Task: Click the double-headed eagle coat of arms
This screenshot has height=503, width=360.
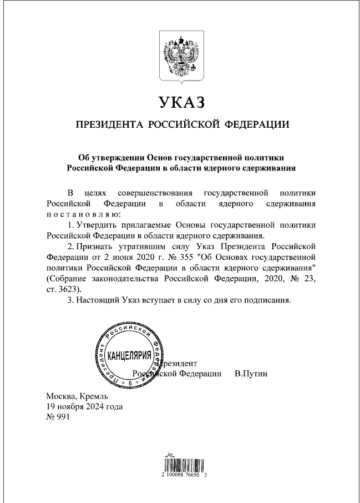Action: click(x=180, y=56)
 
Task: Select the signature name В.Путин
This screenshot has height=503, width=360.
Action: click(x=251, y=374)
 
